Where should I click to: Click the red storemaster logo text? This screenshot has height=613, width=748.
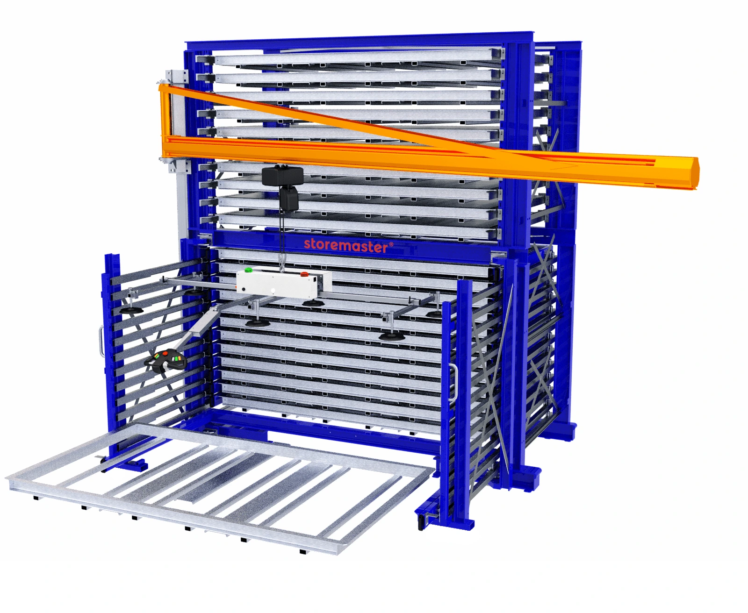345,245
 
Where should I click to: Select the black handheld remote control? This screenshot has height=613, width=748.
166,361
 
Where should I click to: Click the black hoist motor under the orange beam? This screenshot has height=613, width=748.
282,177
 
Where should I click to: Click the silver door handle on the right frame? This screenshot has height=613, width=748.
453,383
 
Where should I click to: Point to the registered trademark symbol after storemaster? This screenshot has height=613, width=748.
391,243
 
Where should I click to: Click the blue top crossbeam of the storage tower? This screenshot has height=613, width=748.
360,40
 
